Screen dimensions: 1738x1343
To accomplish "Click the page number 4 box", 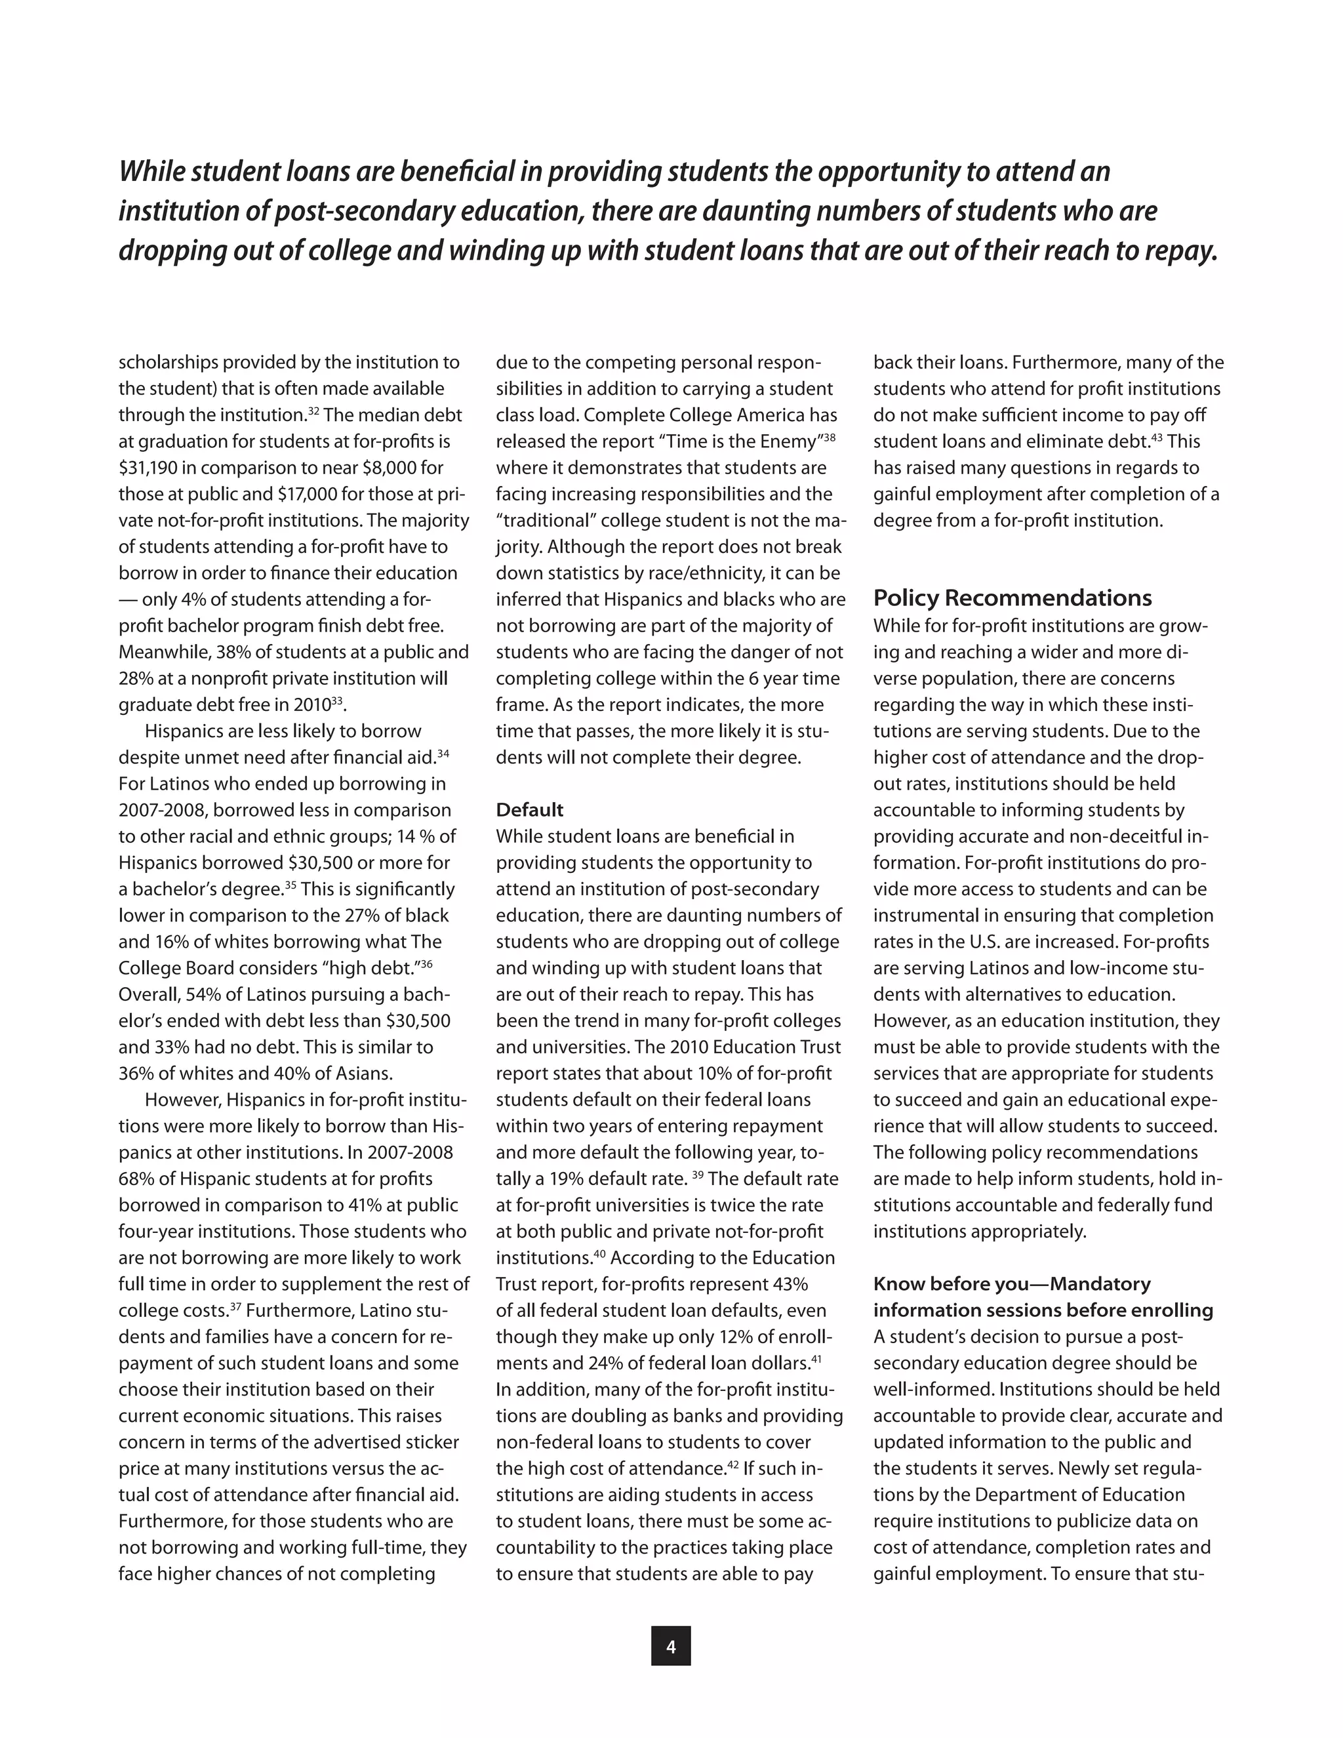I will pos(671,1646).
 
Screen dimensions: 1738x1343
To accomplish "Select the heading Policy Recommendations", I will pos(1012,597).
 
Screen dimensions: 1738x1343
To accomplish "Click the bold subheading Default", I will pos(529,809).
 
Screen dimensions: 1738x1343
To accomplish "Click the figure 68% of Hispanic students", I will pos(137,1179).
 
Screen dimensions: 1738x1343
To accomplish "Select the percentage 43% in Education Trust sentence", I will pos(790,1283).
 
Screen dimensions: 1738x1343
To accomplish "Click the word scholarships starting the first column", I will pos(168,362).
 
